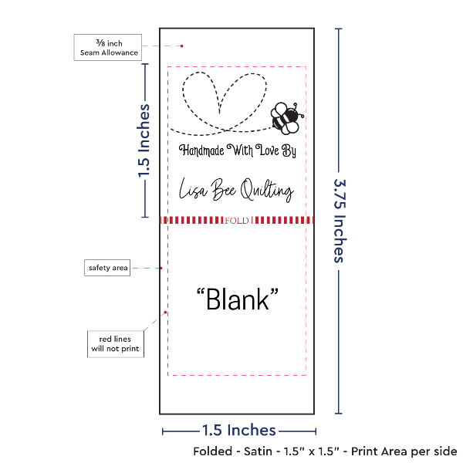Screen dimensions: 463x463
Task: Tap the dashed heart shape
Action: (225, 102)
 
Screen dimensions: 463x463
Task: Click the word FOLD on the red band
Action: (237, 221)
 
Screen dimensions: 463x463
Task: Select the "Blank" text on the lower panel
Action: (238, 299)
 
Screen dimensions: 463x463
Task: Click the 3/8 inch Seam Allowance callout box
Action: (108, 48)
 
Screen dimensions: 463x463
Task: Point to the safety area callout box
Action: (107, 268)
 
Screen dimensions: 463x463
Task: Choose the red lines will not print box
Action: (116, 344)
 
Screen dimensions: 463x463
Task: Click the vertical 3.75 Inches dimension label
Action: (340, 221)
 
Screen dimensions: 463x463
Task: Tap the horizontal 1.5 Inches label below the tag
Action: (239, 431)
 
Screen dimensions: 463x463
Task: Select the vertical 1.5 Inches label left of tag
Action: (144, 140)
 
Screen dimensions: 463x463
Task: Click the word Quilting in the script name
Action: (267, 190)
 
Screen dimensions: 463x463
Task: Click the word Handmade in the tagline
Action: (201, 150)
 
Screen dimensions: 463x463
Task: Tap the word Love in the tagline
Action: (268, 150)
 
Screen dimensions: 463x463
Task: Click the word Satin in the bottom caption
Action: (258, 451)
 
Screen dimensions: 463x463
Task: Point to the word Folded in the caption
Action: (213, 451)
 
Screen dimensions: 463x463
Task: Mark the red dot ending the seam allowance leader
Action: (181, 46)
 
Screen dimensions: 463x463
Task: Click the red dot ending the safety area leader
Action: (161, 268)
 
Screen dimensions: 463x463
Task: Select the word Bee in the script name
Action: (224, 189)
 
